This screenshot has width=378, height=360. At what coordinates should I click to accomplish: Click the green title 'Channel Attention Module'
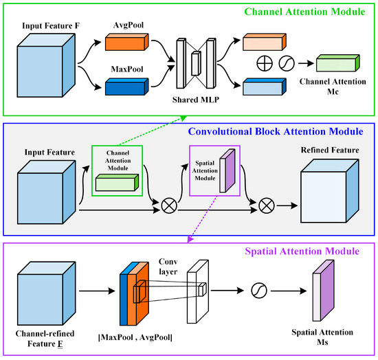304,12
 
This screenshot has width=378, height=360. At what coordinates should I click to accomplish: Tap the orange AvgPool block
127,42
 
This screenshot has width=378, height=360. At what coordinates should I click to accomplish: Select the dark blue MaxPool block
127,87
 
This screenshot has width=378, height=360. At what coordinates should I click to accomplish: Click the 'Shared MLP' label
196,100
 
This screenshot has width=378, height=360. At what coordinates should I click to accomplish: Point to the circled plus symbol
265,64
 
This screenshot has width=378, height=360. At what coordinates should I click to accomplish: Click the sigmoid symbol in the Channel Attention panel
287,64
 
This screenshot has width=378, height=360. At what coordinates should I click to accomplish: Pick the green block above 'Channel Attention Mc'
338,63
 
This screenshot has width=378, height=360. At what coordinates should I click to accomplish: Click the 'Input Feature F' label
51,26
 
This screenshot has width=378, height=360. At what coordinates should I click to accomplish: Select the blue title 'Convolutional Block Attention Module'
276,132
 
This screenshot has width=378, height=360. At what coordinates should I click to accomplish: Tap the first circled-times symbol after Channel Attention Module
169,206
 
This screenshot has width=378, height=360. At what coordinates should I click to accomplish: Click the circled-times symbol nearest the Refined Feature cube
267,206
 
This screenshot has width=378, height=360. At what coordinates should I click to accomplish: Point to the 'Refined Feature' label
330,150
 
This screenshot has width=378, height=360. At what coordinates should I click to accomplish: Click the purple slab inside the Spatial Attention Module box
227,171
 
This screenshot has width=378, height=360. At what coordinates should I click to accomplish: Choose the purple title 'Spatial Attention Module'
302,251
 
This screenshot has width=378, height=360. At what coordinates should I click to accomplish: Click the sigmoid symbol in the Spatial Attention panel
259,291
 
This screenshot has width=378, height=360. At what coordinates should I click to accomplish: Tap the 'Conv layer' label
168,267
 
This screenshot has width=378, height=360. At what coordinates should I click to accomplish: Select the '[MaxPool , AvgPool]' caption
135,337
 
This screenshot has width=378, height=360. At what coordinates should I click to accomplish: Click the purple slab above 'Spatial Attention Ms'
323,291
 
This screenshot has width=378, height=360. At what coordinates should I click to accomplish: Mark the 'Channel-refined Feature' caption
45,339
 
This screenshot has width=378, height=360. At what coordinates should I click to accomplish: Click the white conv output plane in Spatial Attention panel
198,291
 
